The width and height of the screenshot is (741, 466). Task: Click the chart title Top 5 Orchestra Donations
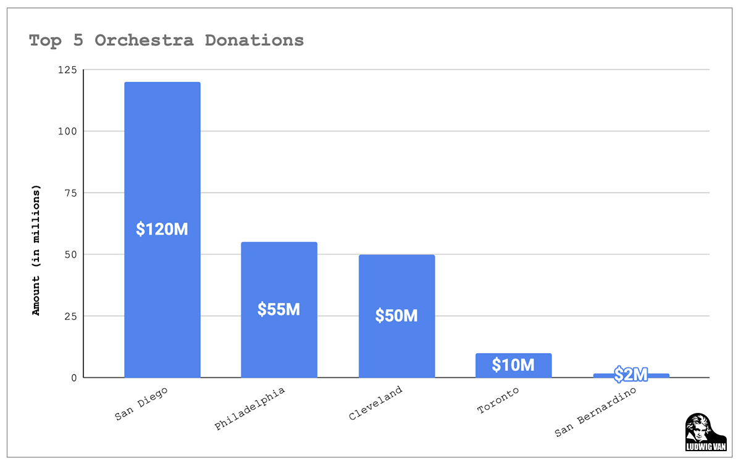click(166, 41)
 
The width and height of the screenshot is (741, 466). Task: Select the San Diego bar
click(162, 154)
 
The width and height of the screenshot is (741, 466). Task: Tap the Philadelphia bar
click(279, 272)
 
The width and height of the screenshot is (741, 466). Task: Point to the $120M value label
click(162, 229)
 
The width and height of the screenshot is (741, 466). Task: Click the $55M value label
click(279, 309)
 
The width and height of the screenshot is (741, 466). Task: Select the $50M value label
click(396, 315)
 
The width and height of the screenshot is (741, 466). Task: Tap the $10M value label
click(513, 365)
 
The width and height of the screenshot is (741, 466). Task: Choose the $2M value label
click(630, 374)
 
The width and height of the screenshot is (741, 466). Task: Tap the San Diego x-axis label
click(141, 405)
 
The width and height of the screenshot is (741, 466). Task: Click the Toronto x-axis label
click(498, 401)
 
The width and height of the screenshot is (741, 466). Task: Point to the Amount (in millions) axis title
click(36, 250)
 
